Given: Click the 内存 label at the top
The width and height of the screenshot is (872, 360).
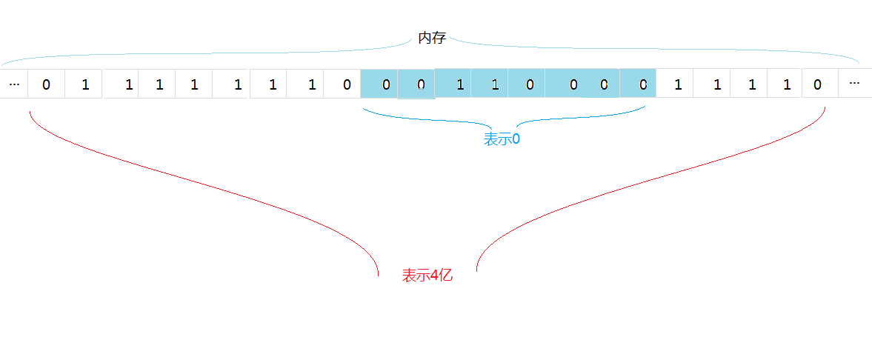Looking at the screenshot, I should [x=432, y=38].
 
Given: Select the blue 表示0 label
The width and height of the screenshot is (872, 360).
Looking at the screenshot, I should [x=502, y=139].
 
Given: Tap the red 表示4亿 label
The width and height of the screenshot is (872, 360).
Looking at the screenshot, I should [x=427, y=276].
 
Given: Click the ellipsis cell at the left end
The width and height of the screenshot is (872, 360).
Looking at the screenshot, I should [x=14, y=84].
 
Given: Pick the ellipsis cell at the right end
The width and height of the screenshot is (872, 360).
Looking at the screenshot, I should [x=854, y=84].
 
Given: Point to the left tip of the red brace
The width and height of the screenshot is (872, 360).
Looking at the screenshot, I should [x=30, y=112].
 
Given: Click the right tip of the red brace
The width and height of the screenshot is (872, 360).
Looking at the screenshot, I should [x=825, y=108].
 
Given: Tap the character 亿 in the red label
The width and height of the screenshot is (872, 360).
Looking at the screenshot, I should [x=445, y=276].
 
